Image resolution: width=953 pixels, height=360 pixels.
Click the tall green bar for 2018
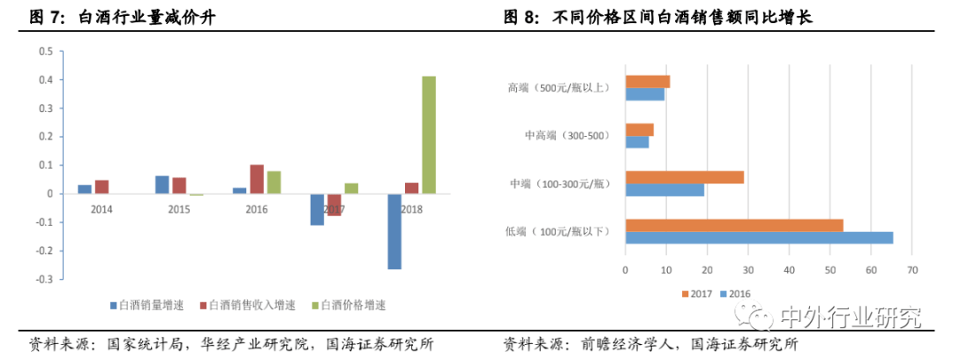[429, 134]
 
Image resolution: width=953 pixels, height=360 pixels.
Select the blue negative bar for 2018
[394, 231]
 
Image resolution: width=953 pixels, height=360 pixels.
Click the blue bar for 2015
[162, 184]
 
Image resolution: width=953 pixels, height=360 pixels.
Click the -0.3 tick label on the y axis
[43, 279]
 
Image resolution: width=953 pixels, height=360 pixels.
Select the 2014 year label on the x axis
[101, 210]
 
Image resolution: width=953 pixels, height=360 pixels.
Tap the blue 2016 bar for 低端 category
[759, 237]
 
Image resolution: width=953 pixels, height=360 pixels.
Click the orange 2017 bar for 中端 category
[685, 177]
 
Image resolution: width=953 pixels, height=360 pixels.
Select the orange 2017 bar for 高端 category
[648, 82]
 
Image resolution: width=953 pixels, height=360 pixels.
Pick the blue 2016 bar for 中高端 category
[637, 141]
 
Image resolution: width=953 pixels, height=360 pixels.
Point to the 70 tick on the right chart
[912, 270]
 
